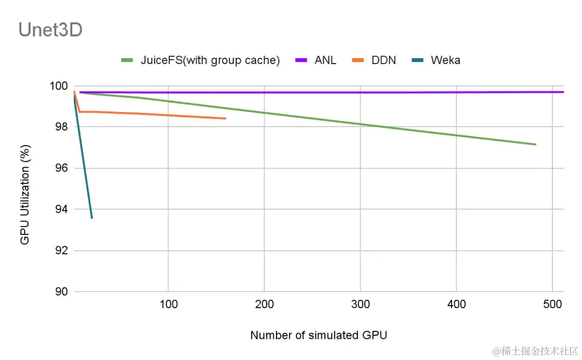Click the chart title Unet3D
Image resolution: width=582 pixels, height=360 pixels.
coord(51,30)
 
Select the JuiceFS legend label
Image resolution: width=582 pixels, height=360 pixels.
coord(210,60)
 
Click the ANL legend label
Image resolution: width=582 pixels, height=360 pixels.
coord(325,60)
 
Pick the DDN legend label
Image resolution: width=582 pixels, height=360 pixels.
coord(384,60)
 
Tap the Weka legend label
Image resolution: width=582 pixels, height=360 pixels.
coord(445,60)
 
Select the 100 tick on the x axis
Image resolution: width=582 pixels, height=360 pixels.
coord(168,304)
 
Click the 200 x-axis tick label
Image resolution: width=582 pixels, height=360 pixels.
coord(264,304)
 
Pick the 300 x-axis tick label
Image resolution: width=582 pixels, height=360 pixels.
coord(360,304)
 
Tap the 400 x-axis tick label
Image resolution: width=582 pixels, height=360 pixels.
coord(456,304)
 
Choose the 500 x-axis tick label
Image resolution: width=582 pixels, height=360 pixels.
coord(552,304)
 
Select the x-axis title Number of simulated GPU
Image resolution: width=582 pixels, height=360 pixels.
coord(318,335)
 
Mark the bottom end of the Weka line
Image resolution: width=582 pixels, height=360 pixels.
coord(92,218)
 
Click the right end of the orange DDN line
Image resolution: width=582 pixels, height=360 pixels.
coord(226,119)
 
